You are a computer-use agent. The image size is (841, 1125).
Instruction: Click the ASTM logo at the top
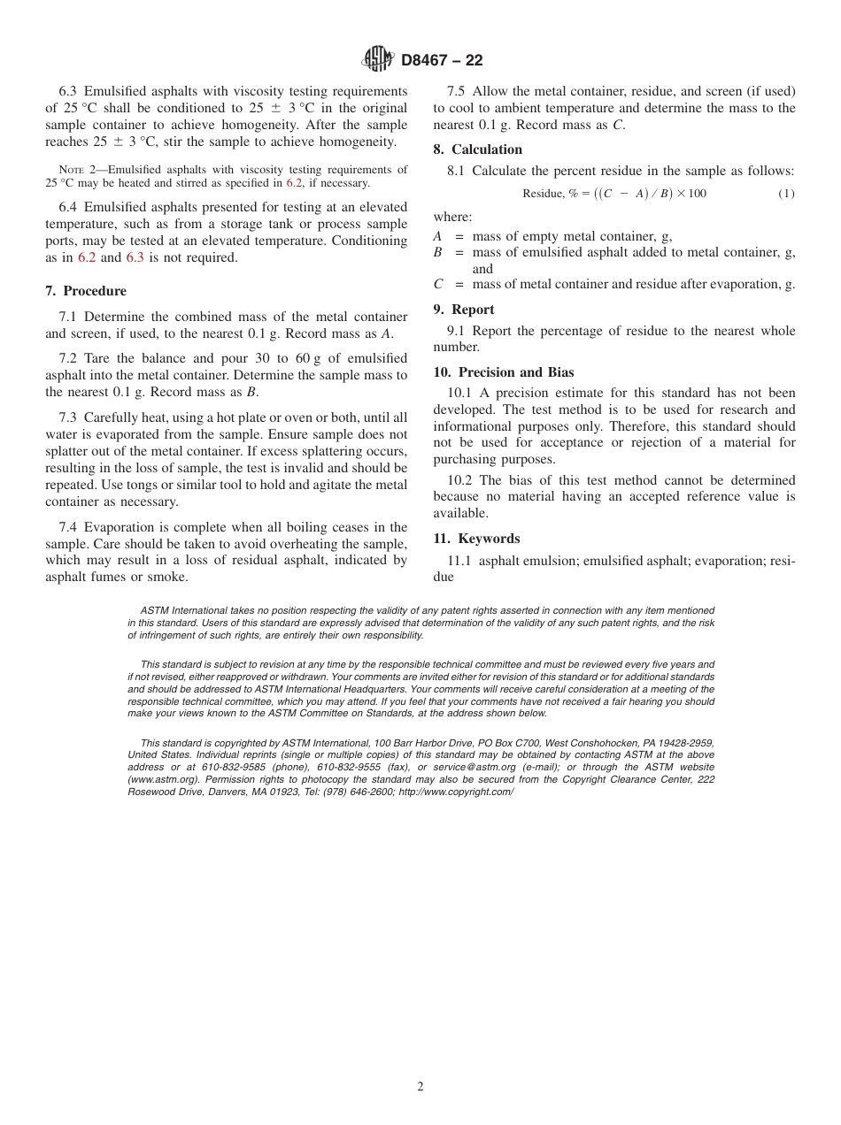379,60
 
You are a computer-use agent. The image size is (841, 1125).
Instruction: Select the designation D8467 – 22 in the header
442,61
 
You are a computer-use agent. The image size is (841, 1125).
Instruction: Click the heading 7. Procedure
86,291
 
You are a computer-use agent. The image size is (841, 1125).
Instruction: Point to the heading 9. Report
464,310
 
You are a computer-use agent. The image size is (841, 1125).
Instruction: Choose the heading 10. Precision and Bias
504,372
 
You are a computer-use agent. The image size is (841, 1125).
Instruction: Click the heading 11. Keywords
476,539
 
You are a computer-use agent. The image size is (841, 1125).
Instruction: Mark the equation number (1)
786,194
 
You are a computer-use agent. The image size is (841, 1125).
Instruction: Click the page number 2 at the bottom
420,1087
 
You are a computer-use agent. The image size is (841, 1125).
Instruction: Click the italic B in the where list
437,253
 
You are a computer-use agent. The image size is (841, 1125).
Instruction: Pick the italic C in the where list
437,285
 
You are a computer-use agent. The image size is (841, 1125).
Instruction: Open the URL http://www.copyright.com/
456,792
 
